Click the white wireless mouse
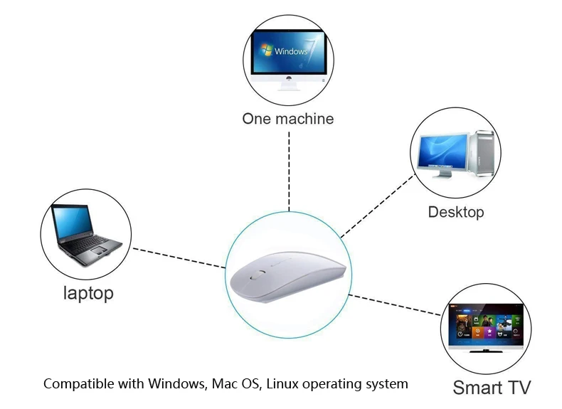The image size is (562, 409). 288,275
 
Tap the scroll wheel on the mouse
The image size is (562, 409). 256,275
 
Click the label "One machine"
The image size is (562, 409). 288,119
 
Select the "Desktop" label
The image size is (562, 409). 456,212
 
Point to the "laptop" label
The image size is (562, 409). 88,293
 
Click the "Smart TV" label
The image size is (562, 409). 492,388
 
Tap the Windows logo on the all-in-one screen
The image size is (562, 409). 266,50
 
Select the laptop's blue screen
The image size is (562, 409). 72,222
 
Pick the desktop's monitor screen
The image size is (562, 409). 442,151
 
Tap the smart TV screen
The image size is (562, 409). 486,324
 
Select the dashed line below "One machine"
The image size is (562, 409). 289,171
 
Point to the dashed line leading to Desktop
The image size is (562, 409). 378,206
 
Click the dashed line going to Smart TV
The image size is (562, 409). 395,305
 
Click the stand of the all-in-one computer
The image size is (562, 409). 289,86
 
